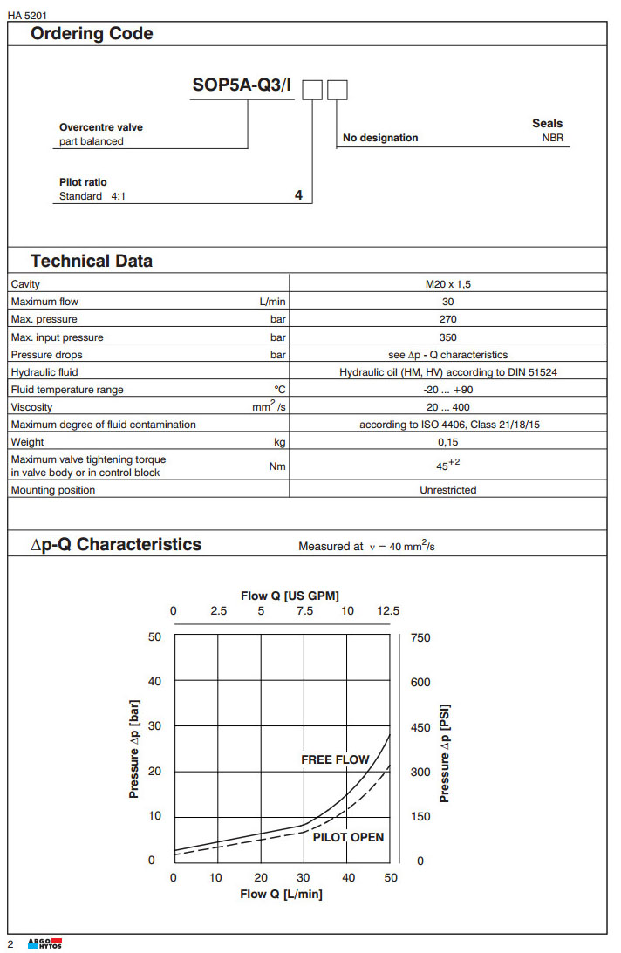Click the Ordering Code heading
coord(92,34)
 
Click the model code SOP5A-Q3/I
coord(242,86)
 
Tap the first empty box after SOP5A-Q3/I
coord(312,89)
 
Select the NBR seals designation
coord(552,138)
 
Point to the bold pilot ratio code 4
coord(298,196)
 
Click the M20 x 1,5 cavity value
coord(447,284)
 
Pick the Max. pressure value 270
coord(447,319)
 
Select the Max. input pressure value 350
coord(447,337)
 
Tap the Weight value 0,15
coord(447,443)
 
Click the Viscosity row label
coord(31,407)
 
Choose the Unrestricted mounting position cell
coord(447,490)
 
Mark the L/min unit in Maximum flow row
coord(272,302)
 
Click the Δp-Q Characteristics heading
coord(116,544)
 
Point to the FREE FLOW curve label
coord(335,760)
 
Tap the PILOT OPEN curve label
coord(348,837)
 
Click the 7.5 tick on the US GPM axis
coord(304,611)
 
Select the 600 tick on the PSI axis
coord(420,682)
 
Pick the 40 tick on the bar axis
coord(155,682)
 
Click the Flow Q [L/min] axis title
coord(282,895)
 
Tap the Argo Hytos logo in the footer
coord(44,944)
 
